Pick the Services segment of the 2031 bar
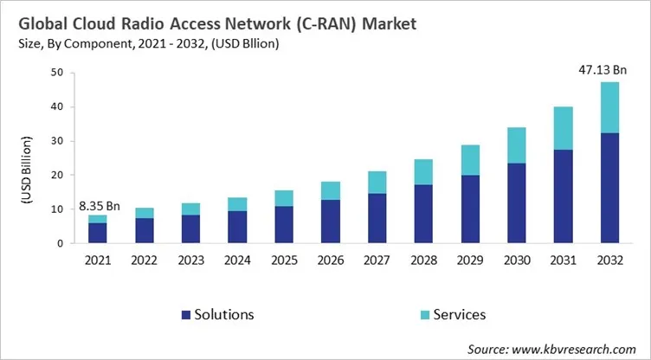(x=564, y=128)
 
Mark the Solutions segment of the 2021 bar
(x=98, y=233)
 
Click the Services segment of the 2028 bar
(x=424, y=171)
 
